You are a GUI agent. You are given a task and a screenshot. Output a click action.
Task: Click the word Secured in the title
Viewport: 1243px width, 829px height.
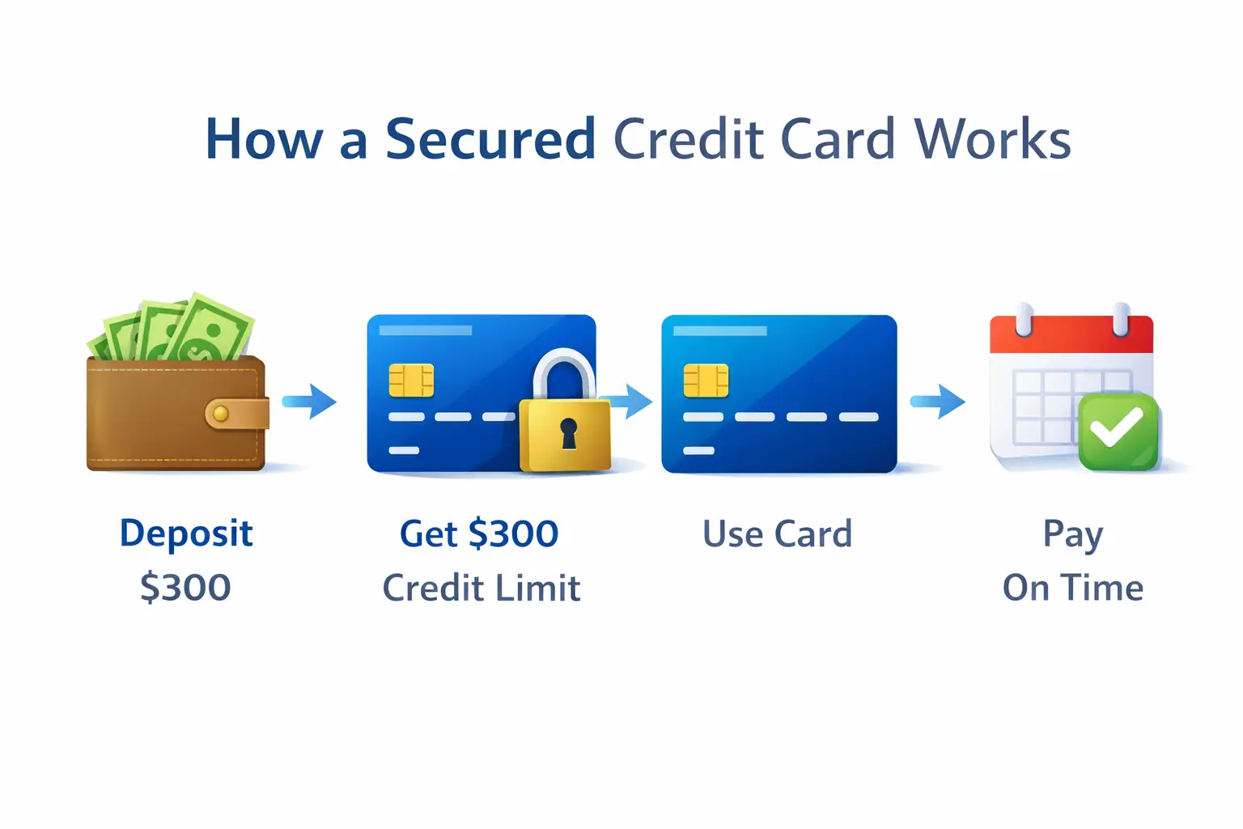[490, 139]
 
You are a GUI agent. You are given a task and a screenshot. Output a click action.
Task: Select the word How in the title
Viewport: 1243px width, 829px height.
[264, 139]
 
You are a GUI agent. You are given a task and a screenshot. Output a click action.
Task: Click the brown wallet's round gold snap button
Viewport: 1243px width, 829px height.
[219, 414]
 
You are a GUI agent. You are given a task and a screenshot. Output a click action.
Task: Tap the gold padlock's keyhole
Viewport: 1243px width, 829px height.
[569, 433]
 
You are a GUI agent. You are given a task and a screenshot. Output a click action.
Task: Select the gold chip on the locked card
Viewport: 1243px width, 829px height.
[411, 380]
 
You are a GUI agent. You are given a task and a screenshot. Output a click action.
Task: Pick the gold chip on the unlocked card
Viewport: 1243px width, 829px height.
[706, 380]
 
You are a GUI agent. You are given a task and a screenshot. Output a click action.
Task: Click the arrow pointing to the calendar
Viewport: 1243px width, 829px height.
[939, 401]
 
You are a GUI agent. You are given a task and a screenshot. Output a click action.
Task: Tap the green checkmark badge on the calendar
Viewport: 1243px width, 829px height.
[1118, 431]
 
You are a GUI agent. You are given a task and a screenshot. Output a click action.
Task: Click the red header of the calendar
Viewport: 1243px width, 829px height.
[1071, 334]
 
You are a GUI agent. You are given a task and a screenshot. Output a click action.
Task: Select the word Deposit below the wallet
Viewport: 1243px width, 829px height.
[186, 534]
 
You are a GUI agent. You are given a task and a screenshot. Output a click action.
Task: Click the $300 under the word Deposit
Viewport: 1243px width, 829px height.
[185, 588]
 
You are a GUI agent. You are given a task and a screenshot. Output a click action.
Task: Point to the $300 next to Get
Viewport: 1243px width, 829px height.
[513, 534]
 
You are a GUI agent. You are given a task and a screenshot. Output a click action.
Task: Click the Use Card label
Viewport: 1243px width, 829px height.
[777, 534]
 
